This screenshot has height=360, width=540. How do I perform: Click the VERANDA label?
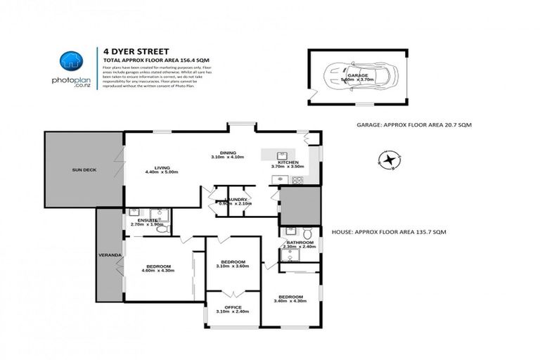110,254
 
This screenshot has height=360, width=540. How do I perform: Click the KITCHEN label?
288,162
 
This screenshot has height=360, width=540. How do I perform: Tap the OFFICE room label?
233,307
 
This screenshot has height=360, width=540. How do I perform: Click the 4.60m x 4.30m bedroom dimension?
157,271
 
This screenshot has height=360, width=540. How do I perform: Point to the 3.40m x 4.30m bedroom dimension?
290,301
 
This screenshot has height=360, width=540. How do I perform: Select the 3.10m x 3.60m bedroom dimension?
233,266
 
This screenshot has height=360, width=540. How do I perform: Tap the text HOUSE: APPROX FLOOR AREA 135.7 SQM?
388,231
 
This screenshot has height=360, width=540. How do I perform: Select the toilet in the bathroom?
308,233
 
